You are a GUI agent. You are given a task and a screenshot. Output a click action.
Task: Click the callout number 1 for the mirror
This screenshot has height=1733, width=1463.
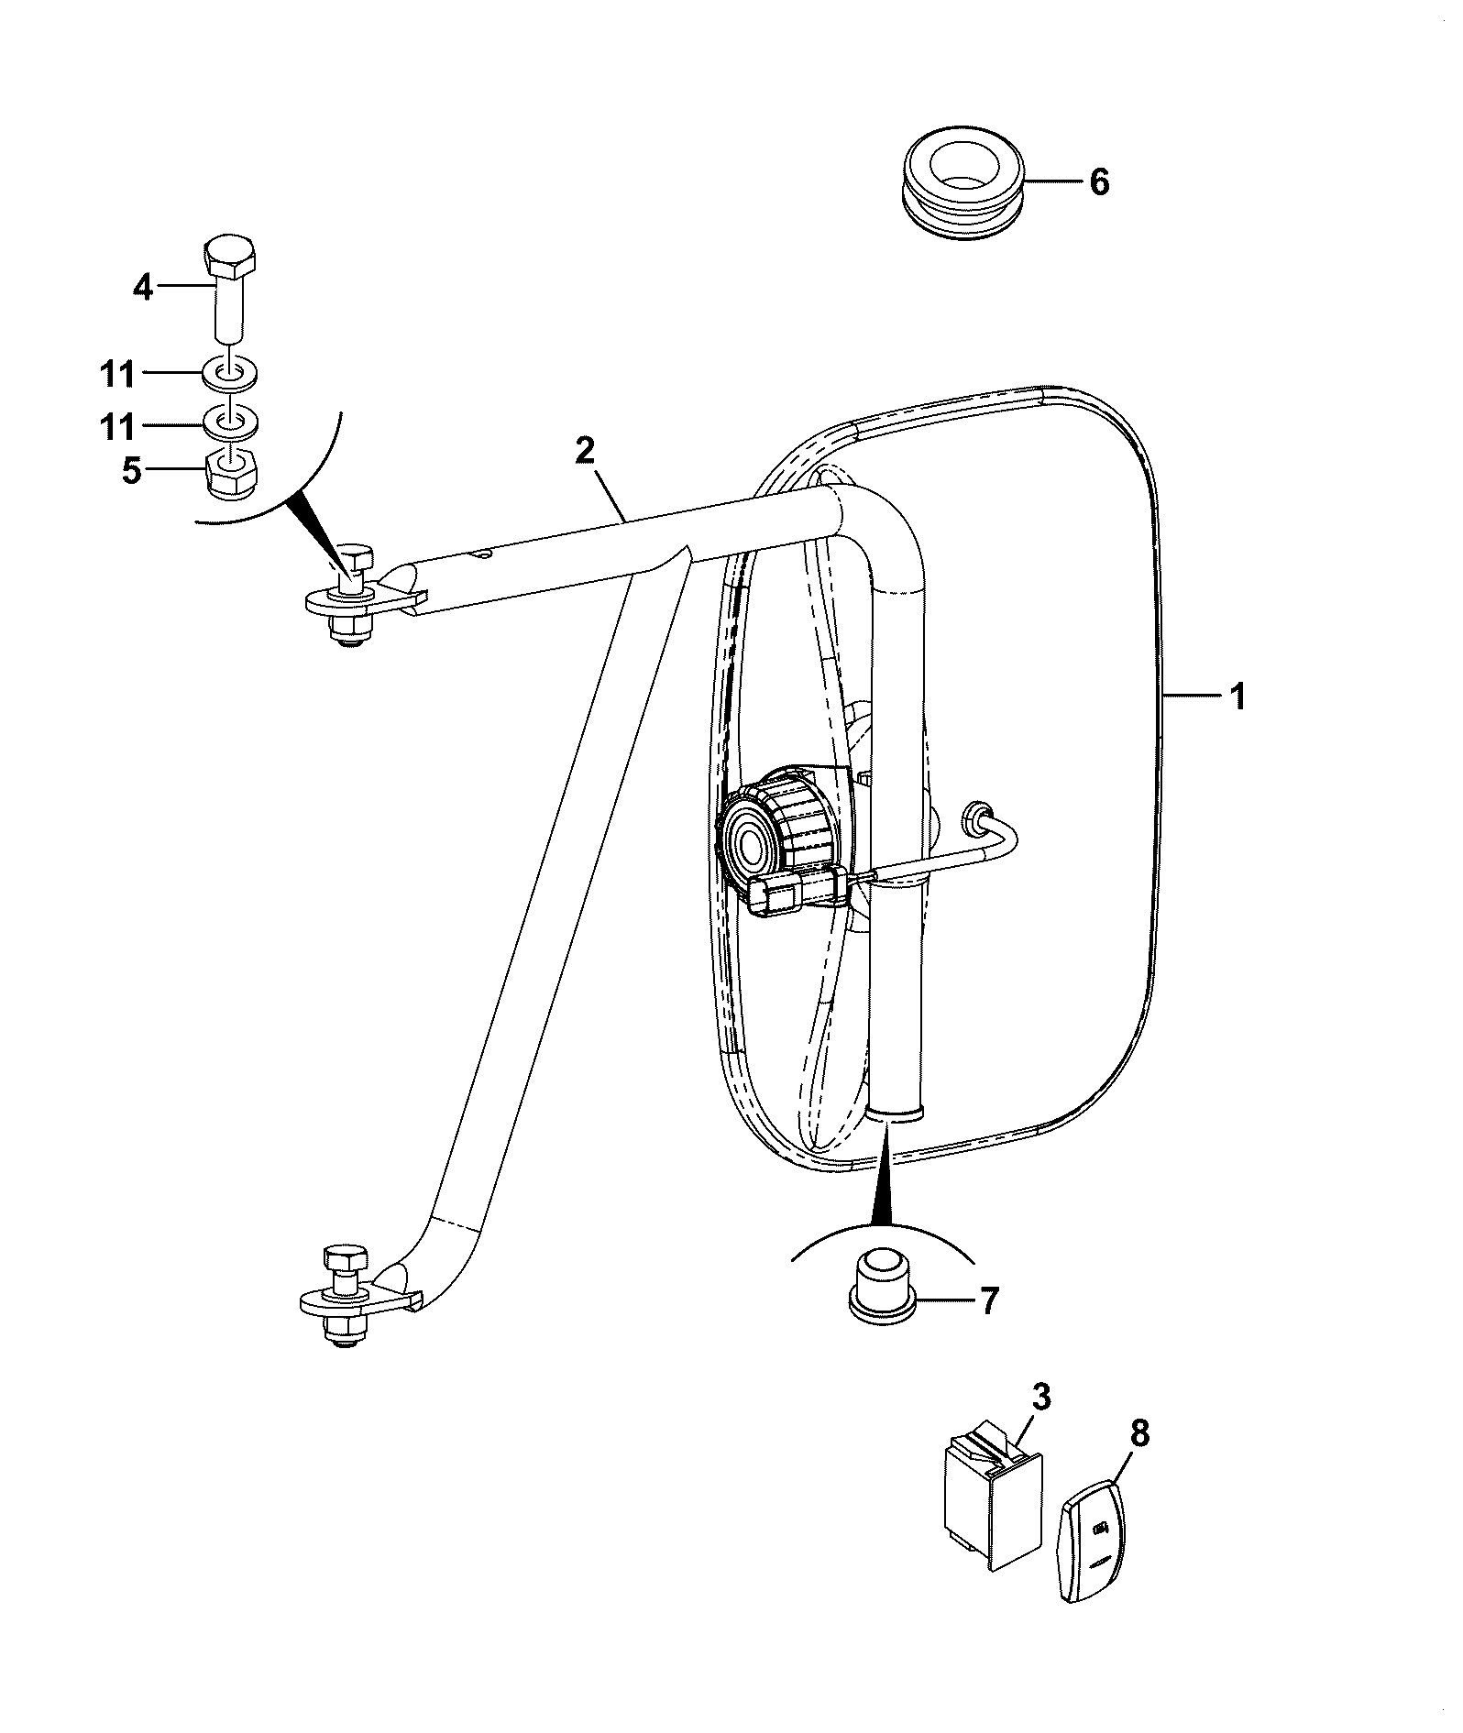[x=1237, y=697]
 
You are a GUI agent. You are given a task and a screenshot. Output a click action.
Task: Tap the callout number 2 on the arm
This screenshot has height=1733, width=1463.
[x=585, y=451]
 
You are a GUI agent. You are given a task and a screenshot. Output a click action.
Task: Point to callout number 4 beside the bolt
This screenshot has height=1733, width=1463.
[x=142, y=288]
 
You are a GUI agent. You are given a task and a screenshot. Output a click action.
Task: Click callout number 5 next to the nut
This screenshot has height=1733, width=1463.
[x=132, y=471]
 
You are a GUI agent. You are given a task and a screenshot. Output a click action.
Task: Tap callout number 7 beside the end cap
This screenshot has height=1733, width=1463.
[x=988, y=1301]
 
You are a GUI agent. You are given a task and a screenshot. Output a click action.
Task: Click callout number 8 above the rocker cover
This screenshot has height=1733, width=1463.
[x=1138, y=1434]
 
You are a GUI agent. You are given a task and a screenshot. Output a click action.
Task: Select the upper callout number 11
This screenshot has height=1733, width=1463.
[x=118, y=375]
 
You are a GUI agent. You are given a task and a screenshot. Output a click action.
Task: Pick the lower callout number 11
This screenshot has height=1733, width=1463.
[x=118, y=427]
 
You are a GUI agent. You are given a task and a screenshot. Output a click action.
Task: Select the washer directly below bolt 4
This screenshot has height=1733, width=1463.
[x=230, y=374]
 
